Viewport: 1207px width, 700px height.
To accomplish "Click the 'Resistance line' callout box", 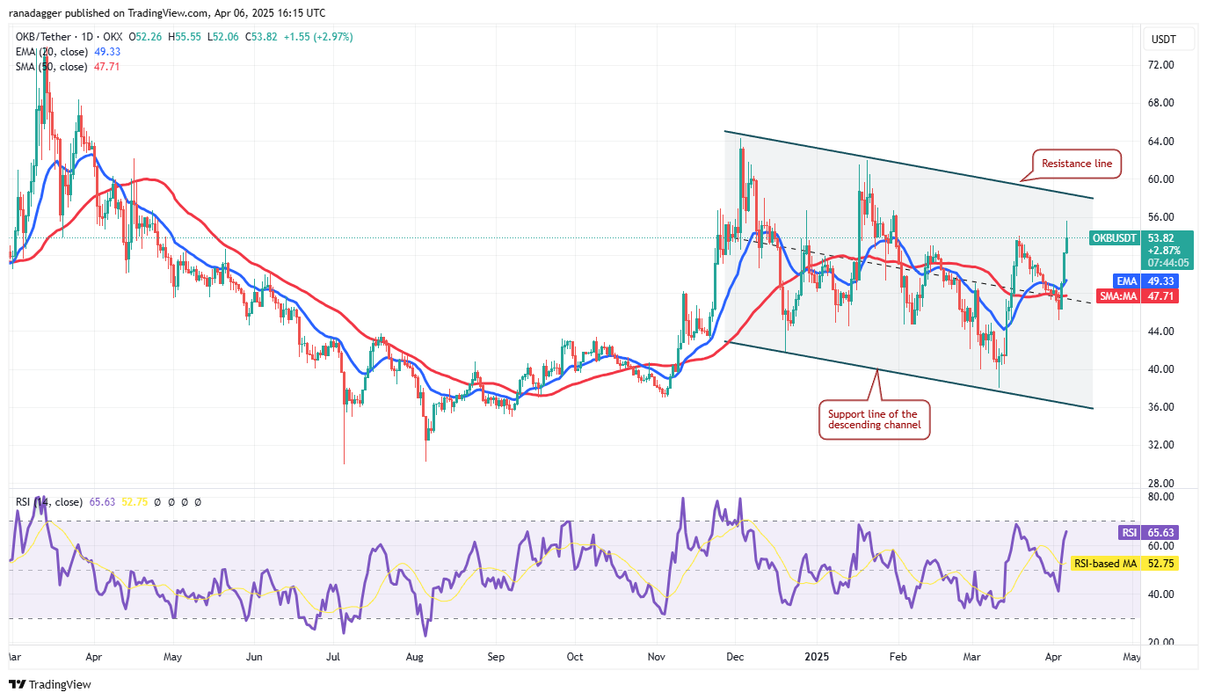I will tap(1076, 164).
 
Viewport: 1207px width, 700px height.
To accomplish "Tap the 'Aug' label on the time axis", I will tap(415, 657).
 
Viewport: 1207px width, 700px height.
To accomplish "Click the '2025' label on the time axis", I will tap(817, 657).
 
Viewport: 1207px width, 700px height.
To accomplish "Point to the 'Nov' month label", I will tap(656, 657).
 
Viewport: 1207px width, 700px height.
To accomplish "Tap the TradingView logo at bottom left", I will tap(50, 684).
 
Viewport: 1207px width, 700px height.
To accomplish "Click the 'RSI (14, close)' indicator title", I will tap(48, 502).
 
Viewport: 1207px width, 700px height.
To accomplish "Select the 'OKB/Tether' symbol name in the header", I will tap(43, 37).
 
